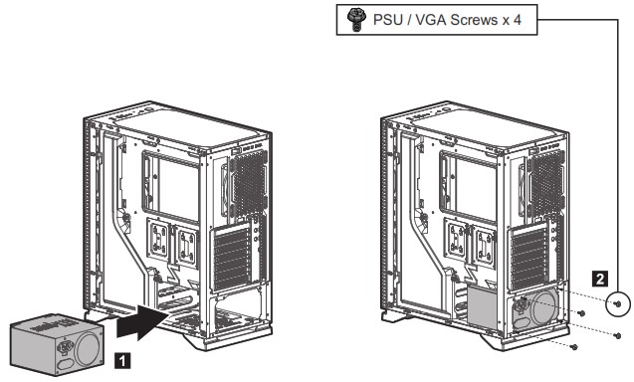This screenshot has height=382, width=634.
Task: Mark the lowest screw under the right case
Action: (x=576, y=346)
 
